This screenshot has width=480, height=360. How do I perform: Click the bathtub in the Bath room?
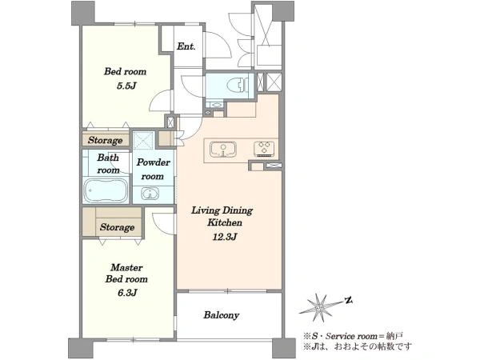pyautogui.click(x=106, y=190)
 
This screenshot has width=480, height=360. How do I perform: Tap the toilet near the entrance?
pyautogui.click(x=238, y=84)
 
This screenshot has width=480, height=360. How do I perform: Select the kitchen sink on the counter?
pyautogui.click(x=222, y=150)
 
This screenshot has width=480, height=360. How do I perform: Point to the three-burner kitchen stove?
pyautogui.click(x=264, y=149)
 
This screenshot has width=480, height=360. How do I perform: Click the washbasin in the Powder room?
pyautogui.click(x=150, y=194)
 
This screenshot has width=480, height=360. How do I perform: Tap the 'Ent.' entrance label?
pyautogui.click(x=186, y=46)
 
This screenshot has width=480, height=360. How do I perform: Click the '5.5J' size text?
pyautogui.click(x=126, y=86)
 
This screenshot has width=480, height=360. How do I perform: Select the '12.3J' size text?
pyautogui.click(x=225, y=237)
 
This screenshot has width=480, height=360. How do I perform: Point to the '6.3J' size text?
pyautogui.click(x=127, y=293)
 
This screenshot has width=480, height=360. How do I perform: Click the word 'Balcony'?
pyautogui.click(x=222, y=315)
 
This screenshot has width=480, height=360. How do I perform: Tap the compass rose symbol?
pyautogui.click(x=320, y=307)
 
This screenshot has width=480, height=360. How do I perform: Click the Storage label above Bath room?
pyautogui.click(x=106, y=140)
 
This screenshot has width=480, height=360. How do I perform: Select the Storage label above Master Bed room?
pyautogui.click(x=117, y=227)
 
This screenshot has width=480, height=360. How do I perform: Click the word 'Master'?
pyautogui.click(x=126, y=267)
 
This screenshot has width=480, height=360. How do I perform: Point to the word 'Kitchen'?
pyautogui.click(x=225, y=222)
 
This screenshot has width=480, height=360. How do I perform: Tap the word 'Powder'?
pyautogui.click(x=153, y=162)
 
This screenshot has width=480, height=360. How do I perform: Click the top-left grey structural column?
pyautogui.click(x=83, y=13)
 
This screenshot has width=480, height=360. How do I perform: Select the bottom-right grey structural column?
pyautogui.click(x=284, y=348)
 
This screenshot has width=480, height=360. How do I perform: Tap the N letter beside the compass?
pyautogui.click(x=348, y=300)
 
